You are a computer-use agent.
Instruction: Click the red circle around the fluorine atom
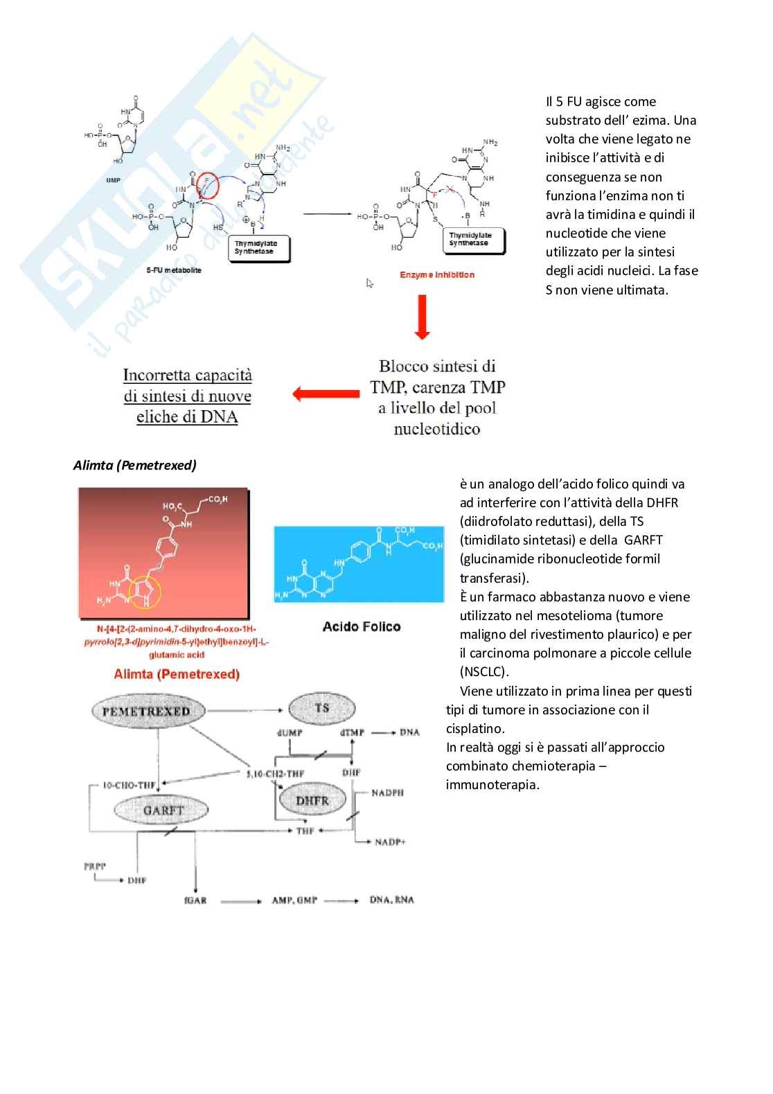[207, 186]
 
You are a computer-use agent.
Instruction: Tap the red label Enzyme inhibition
[437, 275]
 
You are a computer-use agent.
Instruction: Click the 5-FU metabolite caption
[174, 270]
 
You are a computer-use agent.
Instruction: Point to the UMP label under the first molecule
[113, 180]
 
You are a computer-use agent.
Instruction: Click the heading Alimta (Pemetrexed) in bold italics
[135, 466]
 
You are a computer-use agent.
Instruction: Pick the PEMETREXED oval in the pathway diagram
[146, 712]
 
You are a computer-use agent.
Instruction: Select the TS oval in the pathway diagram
[321, 708]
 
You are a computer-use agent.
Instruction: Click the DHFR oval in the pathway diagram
[312, 801]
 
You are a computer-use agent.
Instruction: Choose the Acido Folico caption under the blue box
[362, 627]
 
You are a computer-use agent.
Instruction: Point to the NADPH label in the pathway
[387, 793]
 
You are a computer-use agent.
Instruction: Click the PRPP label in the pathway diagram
[95, 866]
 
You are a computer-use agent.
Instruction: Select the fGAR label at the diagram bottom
[195, 900]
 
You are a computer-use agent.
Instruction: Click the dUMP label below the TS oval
[290, 732]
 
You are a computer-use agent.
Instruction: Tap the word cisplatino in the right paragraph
[474, 729]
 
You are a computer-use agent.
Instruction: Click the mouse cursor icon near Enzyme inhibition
[370, 283]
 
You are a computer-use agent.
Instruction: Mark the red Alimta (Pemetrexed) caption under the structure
[177, 674]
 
